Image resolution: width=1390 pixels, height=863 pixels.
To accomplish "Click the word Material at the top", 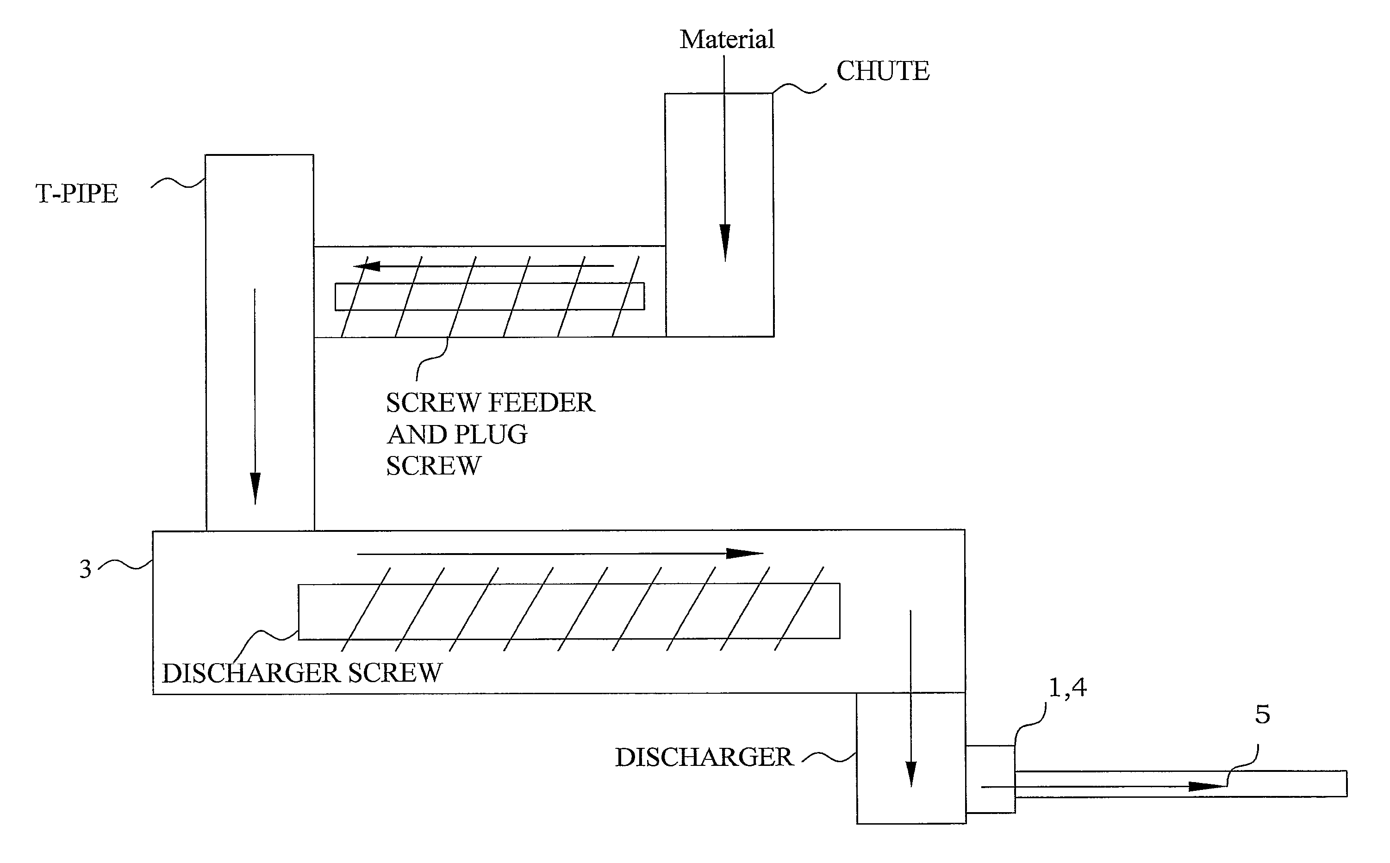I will point(726,39).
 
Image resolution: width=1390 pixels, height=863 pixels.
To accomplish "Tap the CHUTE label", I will point(882,71).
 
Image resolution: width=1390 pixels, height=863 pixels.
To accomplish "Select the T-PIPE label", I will point(76,193).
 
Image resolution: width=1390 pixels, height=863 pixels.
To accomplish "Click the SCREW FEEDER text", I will point(490,403).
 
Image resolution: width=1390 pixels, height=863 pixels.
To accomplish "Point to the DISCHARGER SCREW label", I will point(302,673).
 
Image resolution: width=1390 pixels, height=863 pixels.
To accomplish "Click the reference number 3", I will point(85,569).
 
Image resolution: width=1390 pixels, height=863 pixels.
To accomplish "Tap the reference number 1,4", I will point(1067,687).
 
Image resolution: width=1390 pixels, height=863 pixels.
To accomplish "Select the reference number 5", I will point(1262,715).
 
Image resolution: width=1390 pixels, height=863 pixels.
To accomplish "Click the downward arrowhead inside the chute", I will point(725,243).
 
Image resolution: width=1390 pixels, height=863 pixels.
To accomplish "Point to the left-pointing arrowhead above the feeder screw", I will point(367,266).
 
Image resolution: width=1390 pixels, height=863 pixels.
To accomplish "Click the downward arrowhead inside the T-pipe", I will point(255,488).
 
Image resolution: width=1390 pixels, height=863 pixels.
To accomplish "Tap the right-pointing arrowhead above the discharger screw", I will point(744,553).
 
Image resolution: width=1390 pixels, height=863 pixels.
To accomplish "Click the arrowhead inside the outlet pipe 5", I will point(1207,787).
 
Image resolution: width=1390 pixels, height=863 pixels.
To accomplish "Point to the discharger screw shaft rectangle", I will point(569,611).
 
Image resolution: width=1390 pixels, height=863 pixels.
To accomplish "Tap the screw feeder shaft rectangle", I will point(489,297).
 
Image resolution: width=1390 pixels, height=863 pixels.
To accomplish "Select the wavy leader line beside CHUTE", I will point(799,88).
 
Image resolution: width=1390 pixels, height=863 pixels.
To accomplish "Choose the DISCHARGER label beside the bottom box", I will point(704,758).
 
